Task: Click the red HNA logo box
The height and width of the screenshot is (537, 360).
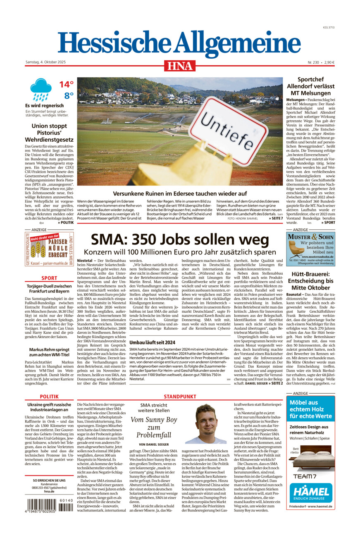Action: tap(180, 66)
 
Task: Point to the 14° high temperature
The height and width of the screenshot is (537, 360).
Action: tap(66, 85)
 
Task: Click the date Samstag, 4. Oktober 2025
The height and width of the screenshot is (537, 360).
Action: tap(45, 62)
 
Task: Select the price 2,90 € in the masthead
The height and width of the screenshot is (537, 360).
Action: tap(329, 62)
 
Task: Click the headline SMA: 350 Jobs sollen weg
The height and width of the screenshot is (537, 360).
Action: tap(180, 240)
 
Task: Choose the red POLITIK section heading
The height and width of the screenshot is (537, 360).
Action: tap(49, 396)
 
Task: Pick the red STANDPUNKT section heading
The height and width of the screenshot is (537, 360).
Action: tap(180, 396)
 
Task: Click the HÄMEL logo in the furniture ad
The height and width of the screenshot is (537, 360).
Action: tap(310, 492)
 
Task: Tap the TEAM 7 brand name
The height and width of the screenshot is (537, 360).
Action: tap(305, 476)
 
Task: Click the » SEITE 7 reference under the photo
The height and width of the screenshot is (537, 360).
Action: tap(275, 218)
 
